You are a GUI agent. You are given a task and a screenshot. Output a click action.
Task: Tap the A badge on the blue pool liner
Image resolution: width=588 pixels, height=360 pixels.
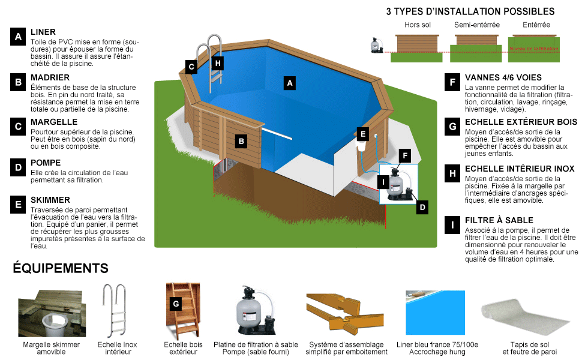[290, 83]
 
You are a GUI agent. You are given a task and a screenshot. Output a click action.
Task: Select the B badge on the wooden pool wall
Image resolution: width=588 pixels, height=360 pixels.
[241, 142]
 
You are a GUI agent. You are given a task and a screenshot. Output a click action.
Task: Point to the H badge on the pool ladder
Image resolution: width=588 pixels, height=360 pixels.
[218, 62]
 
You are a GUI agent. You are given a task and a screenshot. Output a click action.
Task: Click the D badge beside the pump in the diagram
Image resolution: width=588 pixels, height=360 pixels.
[422, 207]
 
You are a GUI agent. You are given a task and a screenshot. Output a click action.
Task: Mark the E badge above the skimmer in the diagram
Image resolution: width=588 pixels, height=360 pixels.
[362, 134]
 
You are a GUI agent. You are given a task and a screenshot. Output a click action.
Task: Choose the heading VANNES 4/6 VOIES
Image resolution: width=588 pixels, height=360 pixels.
[503, 77]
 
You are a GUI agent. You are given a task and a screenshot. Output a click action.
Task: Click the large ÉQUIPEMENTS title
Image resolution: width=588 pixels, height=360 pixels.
[61, 268]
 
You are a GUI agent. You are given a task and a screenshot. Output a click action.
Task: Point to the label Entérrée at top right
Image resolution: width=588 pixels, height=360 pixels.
[536, 25]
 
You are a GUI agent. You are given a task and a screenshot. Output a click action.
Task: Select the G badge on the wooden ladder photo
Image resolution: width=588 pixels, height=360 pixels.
[176, 304]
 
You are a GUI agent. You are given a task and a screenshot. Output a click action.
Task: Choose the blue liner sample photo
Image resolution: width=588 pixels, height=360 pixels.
[430, 314]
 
